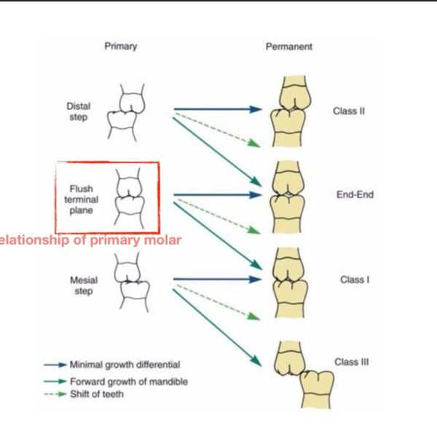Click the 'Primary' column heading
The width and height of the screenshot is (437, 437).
pos(121,47)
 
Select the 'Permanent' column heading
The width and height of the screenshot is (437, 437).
pos(289,47)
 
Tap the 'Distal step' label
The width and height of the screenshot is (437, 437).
pos(79,111)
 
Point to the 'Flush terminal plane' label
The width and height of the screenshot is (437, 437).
pos(81,200)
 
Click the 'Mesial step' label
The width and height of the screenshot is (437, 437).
pos(84,286)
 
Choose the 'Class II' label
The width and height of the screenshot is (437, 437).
pos(349,111)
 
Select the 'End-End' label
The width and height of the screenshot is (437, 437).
pos(355,194)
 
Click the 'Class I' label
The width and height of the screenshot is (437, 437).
pos(355,280)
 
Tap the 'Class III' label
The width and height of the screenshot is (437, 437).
pos(352,362)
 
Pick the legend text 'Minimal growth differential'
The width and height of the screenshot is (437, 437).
pos(125,365)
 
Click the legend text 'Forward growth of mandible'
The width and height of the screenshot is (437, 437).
pos(129,381)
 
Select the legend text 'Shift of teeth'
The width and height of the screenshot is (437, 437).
pos(97,394)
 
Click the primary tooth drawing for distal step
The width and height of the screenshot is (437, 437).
pos(126,112)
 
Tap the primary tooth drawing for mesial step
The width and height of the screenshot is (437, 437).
pos(132,283)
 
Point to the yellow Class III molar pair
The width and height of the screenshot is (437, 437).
pos(304,375)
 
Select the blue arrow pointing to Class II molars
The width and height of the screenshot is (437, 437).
pos(218,109)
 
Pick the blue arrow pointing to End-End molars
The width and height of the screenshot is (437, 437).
pos(218,194)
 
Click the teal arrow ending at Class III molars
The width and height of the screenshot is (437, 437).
pos(217,328)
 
